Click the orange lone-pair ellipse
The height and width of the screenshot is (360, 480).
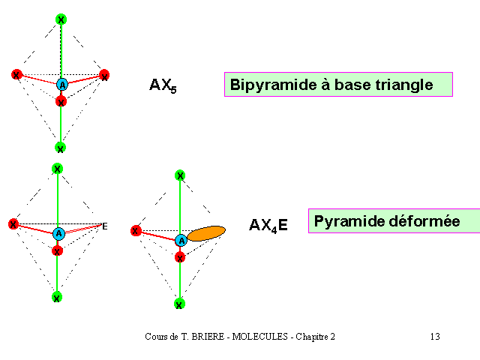(x=206, y=233)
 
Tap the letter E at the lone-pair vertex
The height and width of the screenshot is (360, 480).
(x=105, y=226)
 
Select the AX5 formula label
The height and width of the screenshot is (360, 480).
(x=163, y=85)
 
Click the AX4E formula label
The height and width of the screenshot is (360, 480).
(x=268, y=225)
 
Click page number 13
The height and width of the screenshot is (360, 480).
(x=435, y=337)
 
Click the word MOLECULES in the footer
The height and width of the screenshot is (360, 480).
(x=260, y=337)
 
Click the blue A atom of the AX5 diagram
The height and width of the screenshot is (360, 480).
(x=62, y=85)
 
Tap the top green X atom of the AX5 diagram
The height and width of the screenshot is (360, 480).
(x=61, y=19)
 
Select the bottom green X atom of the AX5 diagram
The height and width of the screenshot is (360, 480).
(x=60, y=148)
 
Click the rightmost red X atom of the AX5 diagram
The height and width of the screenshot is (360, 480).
(x=104, y=75)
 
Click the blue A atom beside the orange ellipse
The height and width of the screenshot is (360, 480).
(x=181, y=241)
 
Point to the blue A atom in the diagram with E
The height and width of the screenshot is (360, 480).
(x=58, y=234)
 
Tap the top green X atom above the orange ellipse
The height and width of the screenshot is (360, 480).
(x=180, y=175)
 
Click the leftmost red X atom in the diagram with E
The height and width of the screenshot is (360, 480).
(x=13, y=224)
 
